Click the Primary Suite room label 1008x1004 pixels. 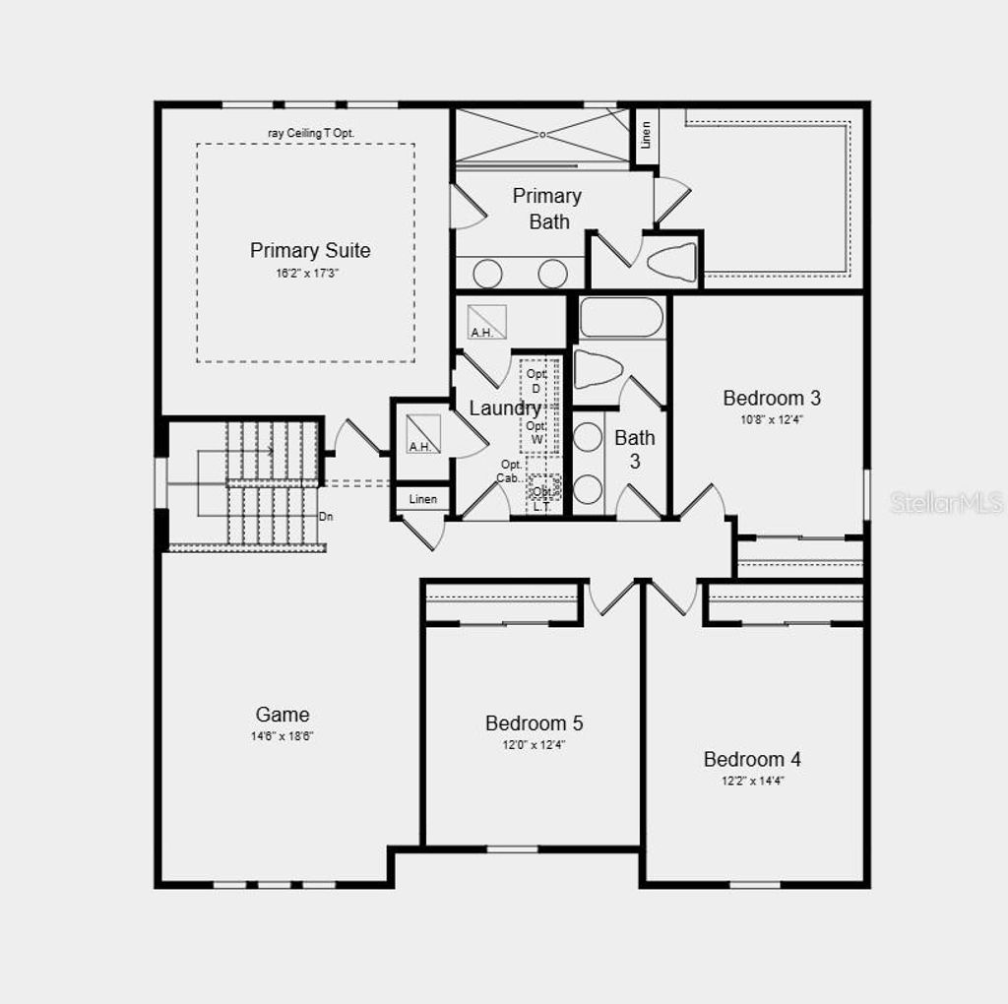[x=310, y=250]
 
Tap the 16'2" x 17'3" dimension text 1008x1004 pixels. [x=310, y=274]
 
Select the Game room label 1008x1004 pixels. [x=283, y=715]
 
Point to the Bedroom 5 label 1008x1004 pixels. [x=534, y=723]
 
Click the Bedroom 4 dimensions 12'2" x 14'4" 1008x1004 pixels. [x=752, y=781]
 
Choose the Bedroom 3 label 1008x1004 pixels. [x=772, y=398]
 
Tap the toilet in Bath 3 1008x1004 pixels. [x=598, y=369]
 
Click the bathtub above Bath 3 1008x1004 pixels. [x=621, y=318]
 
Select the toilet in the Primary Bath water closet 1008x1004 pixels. [x=674, y=262]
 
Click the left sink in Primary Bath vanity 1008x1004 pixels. [x=487, y=273]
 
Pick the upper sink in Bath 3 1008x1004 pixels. [x=588, y=437]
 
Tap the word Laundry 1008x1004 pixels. [x=504, y=408]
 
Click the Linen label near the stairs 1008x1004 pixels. [x=423, y=499]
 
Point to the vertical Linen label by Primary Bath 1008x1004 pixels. [x=646, y=135]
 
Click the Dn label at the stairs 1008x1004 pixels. [x=325, y=516]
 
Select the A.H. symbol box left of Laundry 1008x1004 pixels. [x=424, y=434]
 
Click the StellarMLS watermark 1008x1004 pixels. [x=946, y=503]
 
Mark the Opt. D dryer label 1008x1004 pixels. [x=535, y=381]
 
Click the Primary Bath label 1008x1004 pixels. [x=547, y=209]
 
